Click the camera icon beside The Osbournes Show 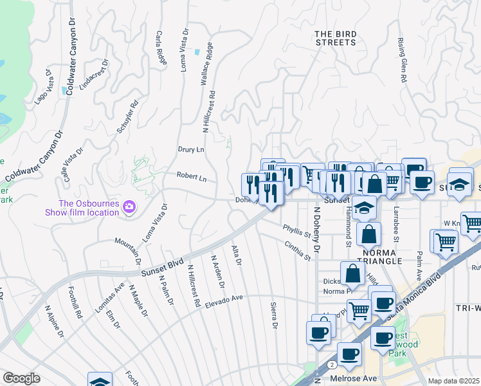tap(129, 207)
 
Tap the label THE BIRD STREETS tap(335, 38)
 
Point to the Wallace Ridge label tap(205, 65)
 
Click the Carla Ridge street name tap(160, 46)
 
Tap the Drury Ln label tap(191, 149)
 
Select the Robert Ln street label tap(192, 177)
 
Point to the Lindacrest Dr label tap(93, 75)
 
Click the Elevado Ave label tap(224, 300)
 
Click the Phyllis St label tap(296, 230)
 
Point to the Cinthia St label tap(298, 251)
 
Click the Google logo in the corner tap(21, 378)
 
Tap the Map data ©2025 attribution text tap(453, 381)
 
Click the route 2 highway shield tap(330, 363)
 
